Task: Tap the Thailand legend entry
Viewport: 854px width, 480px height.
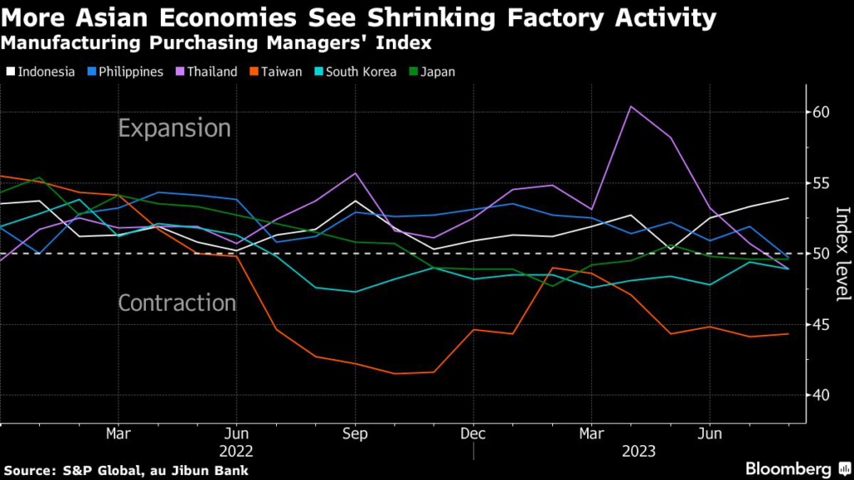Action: point(208,72)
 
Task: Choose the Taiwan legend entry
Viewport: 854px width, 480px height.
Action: point(276,72)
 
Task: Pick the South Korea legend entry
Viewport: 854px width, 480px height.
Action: point(354,72)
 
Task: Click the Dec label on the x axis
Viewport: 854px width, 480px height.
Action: point(473,434)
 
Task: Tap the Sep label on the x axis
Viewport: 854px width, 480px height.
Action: point(355,434)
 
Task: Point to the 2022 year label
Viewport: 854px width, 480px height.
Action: point(236,451)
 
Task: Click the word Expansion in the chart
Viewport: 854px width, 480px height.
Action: point(174,128)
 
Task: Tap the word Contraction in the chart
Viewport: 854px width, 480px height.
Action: point(178,302)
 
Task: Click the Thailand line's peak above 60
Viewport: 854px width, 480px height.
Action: point(630,107)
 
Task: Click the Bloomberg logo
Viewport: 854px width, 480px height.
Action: point(795,468)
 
